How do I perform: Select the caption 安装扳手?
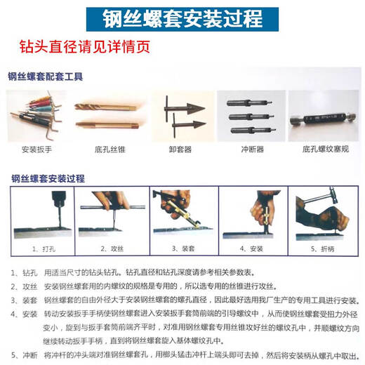(39, 150)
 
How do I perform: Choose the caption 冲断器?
(250, 150)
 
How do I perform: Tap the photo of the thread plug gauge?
(322, 116)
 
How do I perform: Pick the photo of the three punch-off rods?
(250, 114)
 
